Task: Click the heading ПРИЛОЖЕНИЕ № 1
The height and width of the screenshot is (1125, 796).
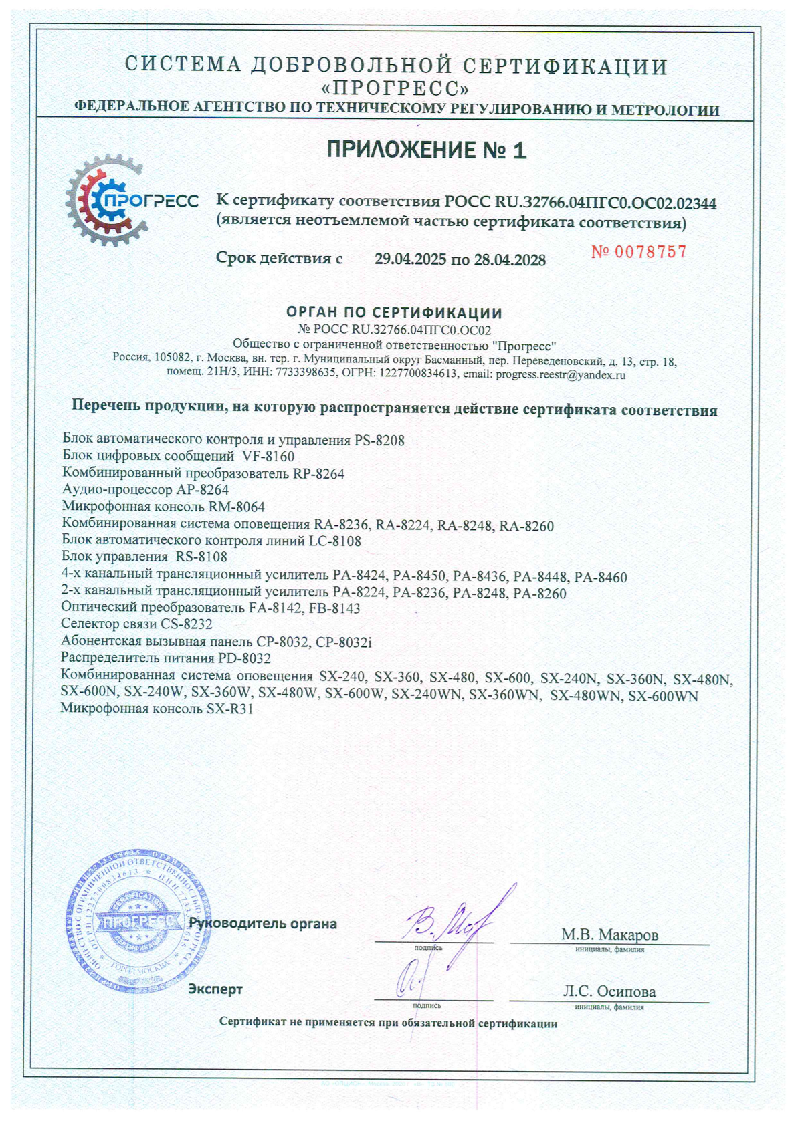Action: [426, 150]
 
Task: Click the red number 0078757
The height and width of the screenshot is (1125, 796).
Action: [639, 252]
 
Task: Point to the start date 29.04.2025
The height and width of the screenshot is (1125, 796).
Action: [410, 259]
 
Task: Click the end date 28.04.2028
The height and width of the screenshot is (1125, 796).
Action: [510, 260]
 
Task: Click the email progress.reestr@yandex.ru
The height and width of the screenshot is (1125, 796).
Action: [561, 375]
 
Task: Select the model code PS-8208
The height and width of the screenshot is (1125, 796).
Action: [379, 441]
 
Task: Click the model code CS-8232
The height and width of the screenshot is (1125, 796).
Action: [187, 624]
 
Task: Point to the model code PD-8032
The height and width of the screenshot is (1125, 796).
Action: [245, 658]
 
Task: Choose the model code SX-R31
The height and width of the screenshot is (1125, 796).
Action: [230, 709]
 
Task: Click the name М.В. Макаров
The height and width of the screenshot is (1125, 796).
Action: [609, 934]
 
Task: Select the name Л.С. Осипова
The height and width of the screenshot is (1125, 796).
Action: [609, 992]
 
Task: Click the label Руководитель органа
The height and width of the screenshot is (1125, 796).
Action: [263, 924]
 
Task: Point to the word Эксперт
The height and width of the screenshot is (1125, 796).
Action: [215, 989]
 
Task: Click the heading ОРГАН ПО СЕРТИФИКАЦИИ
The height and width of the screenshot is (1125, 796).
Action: [394, 313]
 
